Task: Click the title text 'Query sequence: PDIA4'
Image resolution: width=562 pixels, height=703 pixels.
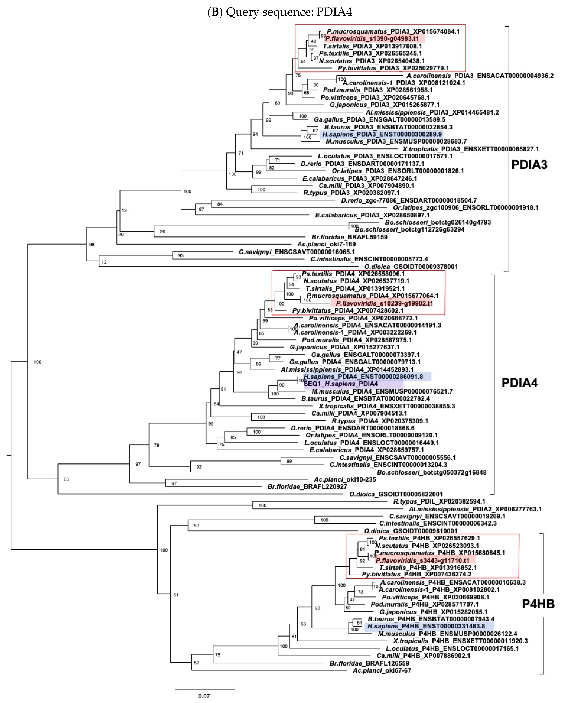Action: tap(289, 12)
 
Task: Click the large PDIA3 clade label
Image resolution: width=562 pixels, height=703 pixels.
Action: tap(529, 165)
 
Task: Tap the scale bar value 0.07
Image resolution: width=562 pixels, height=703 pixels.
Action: tap(204, 696)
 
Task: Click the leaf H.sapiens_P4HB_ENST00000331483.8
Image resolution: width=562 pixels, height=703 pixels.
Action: tap(426, 626)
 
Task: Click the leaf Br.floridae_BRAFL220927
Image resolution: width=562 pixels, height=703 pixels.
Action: tap(307, 486)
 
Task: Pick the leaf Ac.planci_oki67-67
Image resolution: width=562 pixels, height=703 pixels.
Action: tap(382, 670)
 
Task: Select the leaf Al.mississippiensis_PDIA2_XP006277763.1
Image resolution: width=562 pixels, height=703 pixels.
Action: tap(475, 509)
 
